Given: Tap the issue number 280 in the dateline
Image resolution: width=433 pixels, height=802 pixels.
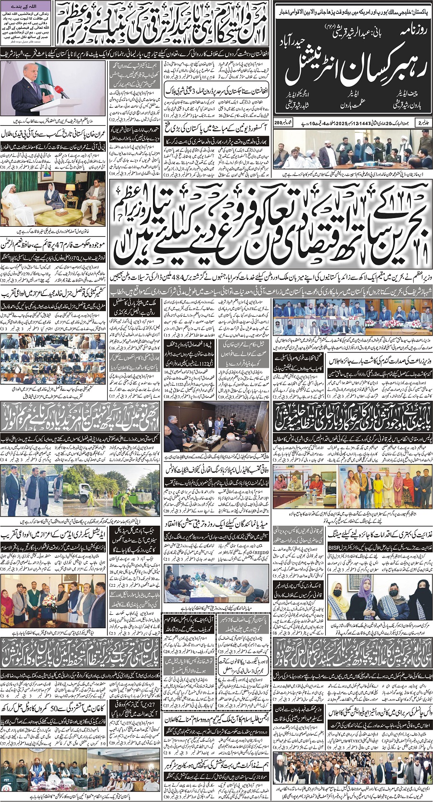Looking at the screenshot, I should click(x=280, y=123).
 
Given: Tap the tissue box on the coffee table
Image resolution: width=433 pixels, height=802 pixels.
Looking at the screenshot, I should click(x=60, y=212).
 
